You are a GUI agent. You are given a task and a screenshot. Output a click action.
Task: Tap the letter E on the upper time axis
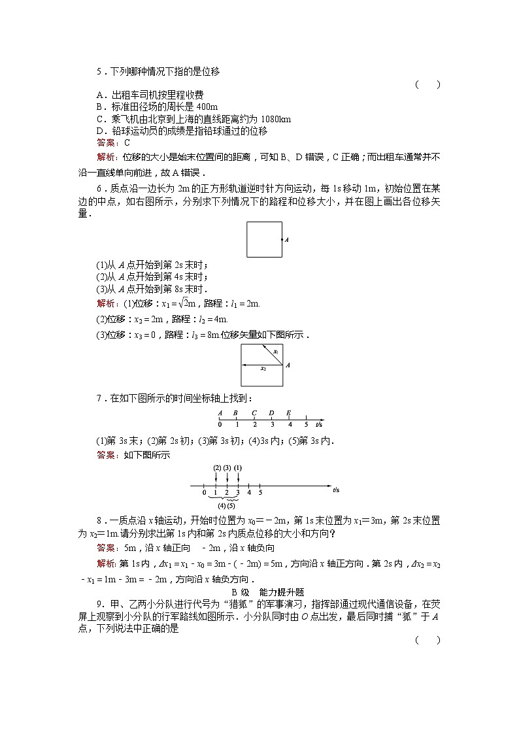[288, 412]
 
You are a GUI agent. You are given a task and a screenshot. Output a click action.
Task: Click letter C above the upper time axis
[254, 412]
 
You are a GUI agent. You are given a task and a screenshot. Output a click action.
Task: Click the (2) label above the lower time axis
[217, 468]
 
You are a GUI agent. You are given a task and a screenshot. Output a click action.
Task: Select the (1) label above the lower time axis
[238, 468]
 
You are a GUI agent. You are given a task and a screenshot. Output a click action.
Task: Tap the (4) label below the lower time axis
[222, 505]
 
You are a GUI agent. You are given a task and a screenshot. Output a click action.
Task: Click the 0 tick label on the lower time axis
[204, 492]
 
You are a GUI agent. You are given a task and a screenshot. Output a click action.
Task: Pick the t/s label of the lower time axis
[336, 490]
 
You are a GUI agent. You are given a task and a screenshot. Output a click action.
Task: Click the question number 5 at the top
[99, 72]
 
